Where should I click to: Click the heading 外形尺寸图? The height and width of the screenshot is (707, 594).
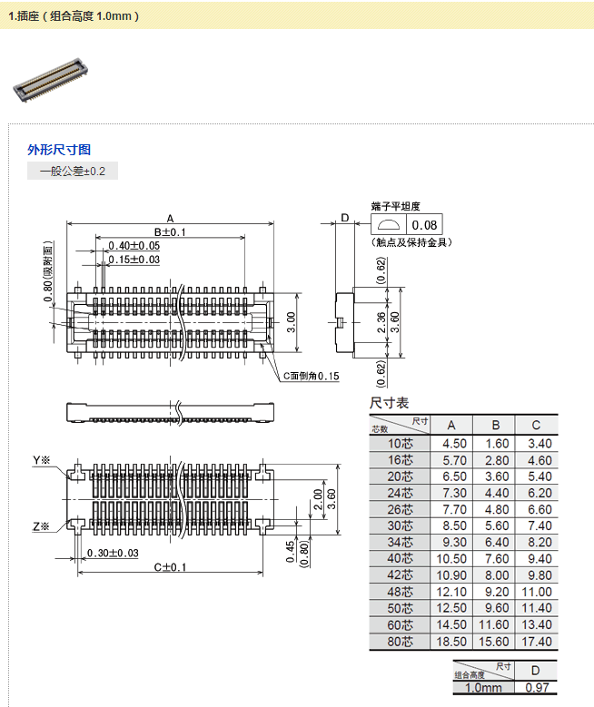[x=59, y=150]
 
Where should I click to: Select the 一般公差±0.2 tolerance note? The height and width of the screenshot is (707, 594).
[x=73, y=171]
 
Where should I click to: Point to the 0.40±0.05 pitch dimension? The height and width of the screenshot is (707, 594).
[x=134, y=246]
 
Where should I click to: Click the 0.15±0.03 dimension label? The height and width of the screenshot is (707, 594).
[x=134, y=260]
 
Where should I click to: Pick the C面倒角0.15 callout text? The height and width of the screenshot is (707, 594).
[x=310, y=376]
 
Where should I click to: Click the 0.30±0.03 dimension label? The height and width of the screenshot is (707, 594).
[x=113, y=554]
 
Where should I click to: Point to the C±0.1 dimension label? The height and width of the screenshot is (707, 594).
[x=169, y=567]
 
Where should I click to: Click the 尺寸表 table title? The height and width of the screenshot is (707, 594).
[x=390, y=403]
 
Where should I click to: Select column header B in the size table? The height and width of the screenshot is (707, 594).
[x=496, y=425]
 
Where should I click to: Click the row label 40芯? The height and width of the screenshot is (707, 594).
[x=400, y=558]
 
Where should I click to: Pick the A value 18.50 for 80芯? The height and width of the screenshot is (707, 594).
[x=454, y=641]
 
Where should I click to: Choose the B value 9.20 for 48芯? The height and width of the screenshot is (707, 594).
[x=496, y=592]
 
